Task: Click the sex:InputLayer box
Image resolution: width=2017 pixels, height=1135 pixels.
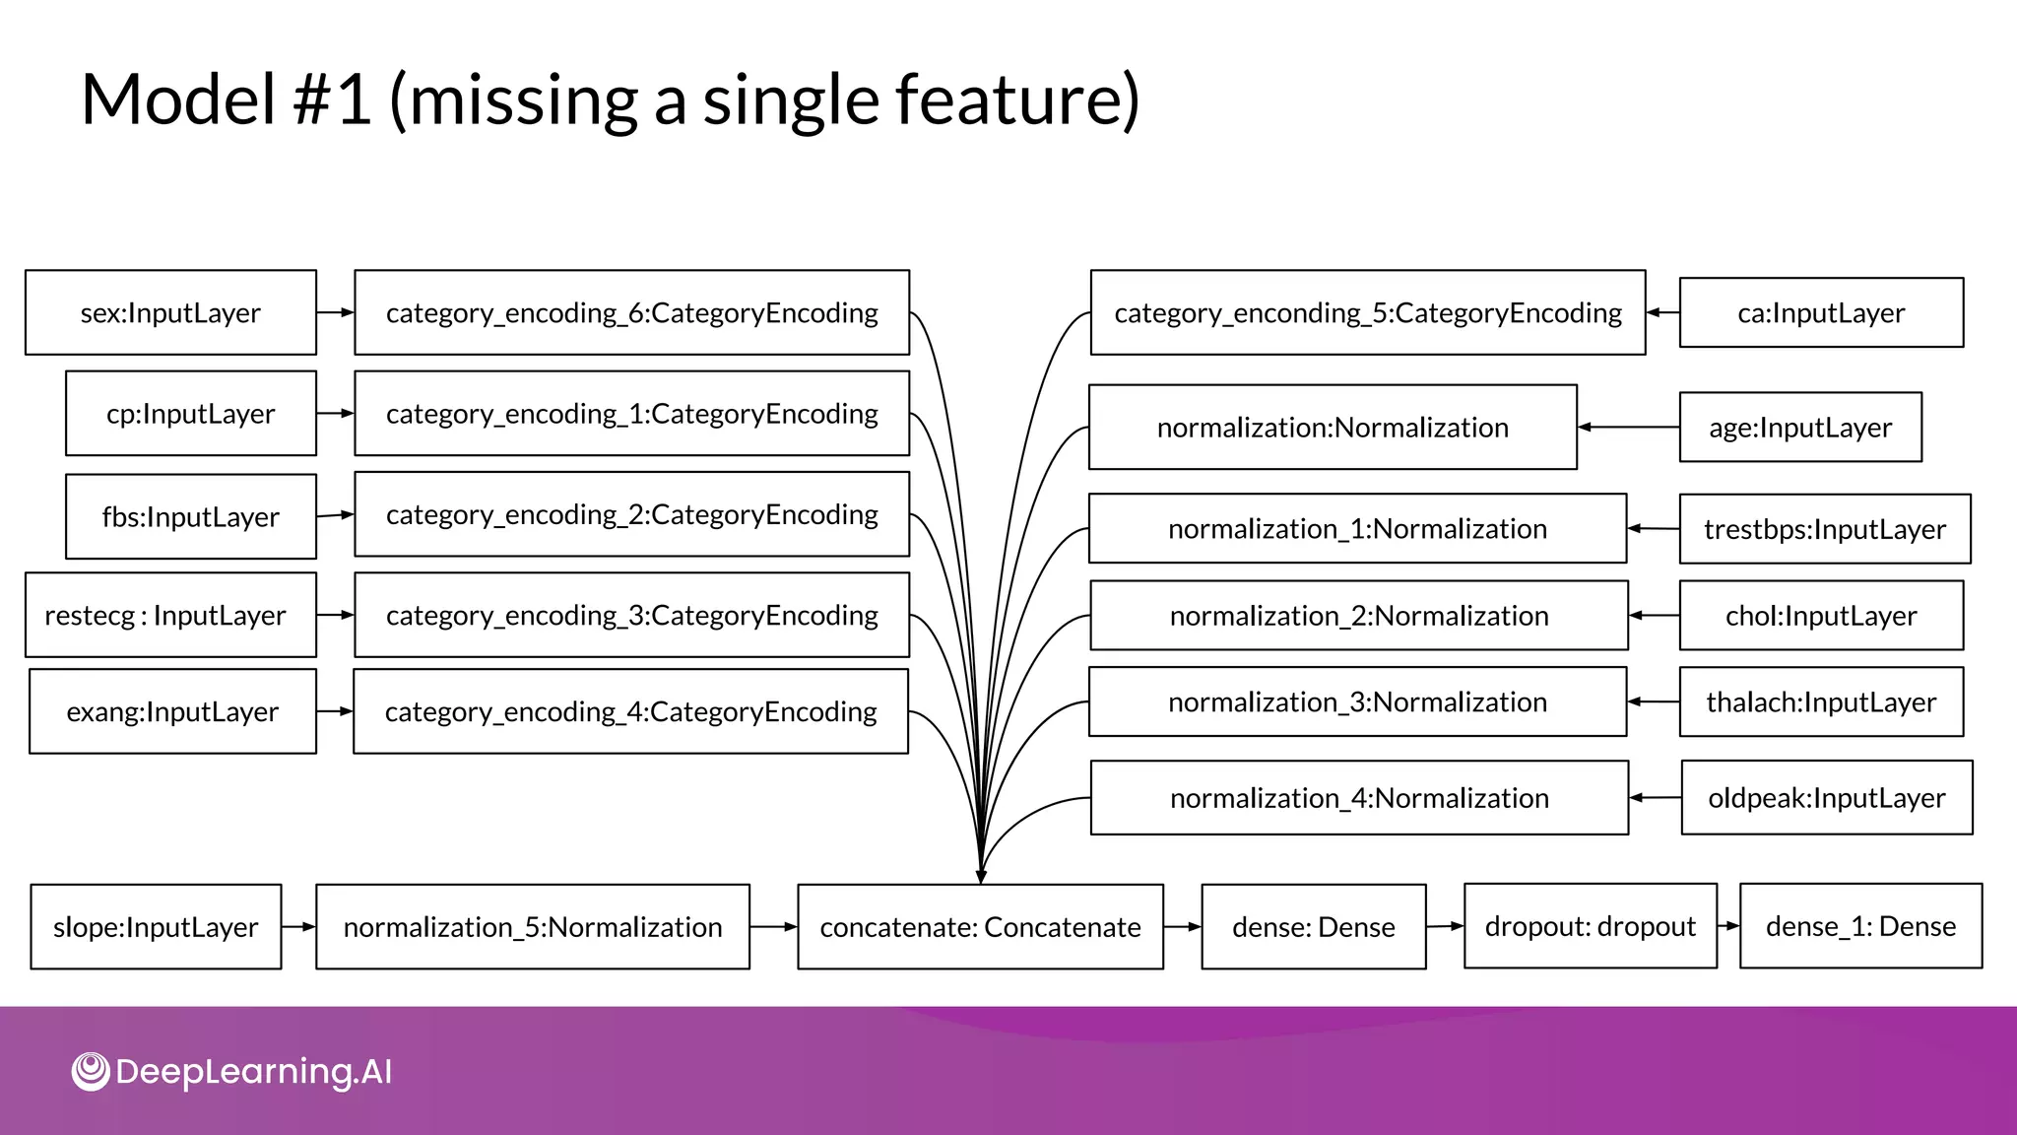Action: (x=170, y=312)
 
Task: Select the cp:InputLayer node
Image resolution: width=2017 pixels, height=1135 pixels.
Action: (x=191, y=414)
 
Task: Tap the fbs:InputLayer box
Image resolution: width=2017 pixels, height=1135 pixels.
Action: (x=191, y=516)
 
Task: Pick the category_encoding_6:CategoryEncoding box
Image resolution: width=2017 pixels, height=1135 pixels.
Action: (x=631, y=312)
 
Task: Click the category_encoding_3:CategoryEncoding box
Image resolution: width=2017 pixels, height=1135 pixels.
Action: (x=631, y=615)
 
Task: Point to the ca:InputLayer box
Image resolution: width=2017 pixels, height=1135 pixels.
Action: (x=1821, y=312)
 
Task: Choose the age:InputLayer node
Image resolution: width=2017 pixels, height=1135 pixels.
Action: (x=1800, y=428)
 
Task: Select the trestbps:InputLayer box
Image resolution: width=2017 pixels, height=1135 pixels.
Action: (x=1825, y=529)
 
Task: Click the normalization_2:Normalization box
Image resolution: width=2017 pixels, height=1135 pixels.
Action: (x=1359, y=616)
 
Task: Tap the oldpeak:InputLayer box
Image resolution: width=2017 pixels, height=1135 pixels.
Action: (x=1827, y=798)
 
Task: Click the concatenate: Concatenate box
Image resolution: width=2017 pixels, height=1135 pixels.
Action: (x=980, y=927)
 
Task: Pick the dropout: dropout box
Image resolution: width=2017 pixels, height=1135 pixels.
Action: (x=1591, y=926)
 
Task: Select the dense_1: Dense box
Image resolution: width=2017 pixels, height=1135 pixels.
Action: (x=1860, y=926)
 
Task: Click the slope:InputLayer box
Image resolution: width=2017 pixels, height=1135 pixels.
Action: (x=156, y=927)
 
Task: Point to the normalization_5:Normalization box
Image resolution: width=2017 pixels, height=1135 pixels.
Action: (x=533, y=927)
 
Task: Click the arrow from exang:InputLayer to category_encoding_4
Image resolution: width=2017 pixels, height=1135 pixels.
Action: (x=335, y=711)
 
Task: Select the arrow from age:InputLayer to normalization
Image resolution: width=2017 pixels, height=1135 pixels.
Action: (x=1628, y=428)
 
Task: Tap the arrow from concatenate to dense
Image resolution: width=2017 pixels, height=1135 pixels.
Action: (x=1182, y=927)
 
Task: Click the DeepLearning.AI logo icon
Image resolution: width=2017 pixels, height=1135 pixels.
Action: (x=91, y=1071)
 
